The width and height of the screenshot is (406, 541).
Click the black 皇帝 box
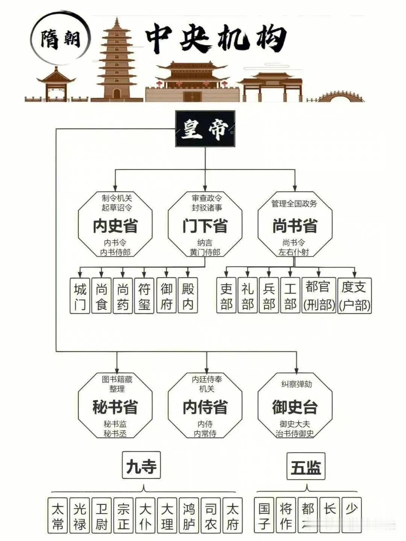(205, 128)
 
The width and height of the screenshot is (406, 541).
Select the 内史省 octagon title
(115, 225)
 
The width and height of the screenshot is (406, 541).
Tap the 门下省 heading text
(205, 225)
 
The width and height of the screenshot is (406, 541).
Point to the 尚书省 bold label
(295, 225)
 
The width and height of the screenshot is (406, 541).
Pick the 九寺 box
(141, 465)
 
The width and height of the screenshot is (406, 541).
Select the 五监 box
(306, 466)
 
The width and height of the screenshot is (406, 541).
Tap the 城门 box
(80, 296)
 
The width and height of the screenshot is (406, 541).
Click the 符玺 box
(144, 296)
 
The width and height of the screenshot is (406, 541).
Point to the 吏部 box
(226, 295)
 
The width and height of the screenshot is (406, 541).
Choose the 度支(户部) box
(354, 295)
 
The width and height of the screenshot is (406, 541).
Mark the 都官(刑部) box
(319, 295)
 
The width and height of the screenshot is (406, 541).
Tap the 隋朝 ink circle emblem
(60, 39)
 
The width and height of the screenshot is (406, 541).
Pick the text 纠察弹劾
(297, 384)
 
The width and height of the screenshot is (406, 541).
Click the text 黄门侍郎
(205, 252)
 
